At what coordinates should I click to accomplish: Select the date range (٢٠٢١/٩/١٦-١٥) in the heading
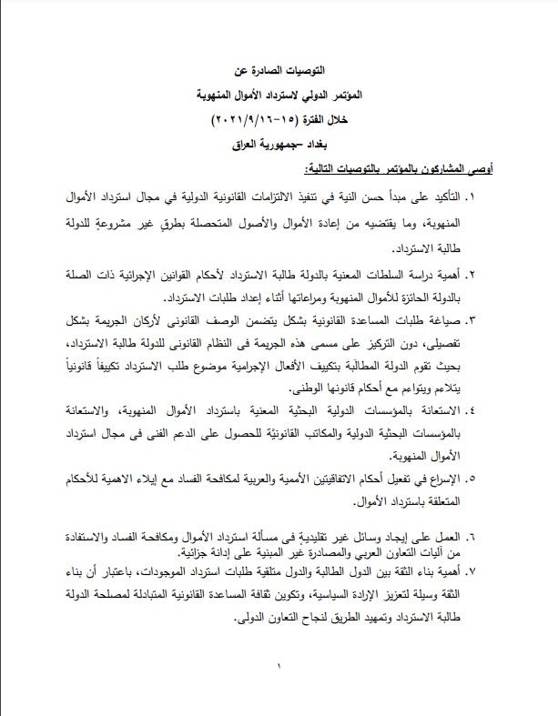click(x=260, y=120)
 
